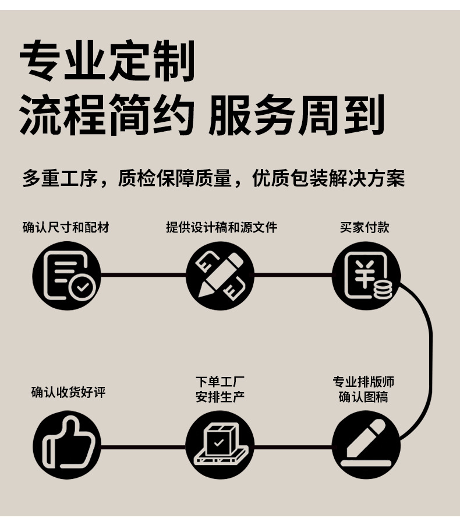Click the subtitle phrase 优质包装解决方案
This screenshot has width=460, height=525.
(x=328, y=178)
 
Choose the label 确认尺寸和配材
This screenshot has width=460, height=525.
(x=66, y=227)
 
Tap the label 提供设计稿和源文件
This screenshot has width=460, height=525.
(x=221, y=227)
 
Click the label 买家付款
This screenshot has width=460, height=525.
(x=365, y=227)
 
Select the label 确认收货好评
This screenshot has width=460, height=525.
(x=68, y=392)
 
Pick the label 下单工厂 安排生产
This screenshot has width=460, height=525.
(x=220, y=389)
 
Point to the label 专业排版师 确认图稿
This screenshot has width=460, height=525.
(x=364, y=389)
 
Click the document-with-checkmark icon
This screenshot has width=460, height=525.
(x=67, y=275)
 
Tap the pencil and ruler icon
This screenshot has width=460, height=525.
(x=220, y=275)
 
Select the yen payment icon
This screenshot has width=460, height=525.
(x=366, y=275)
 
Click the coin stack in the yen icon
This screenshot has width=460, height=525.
(x=383, y=289)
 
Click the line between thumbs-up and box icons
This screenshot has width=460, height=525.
(x=143, y=448)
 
